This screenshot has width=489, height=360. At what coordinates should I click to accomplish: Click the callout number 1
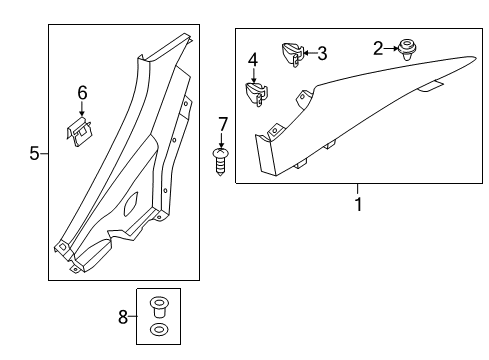click(358, 205)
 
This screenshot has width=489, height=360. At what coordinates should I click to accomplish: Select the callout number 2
click(377, 48)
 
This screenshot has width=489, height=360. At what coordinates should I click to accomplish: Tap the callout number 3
click(322, 54)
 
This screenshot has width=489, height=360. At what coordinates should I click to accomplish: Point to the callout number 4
click(253, 60)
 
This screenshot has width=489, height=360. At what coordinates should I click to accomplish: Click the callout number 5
click(34, 153)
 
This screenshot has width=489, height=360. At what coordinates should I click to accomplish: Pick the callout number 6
click(83, 93)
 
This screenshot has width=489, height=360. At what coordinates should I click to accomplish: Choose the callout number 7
click(223, 124)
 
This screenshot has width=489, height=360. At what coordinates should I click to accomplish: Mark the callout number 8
click(123, 317)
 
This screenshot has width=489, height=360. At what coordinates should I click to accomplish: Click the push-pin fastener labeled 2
click(407, 47)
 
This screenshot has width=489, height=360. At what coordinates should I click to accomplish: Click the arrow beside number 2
click(390, 48)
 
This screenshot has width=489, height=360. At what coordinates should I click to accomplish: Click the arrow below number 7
click(223, 140)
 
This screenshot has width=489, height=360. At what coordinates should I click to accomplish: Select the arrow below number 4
click(253, 75)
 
